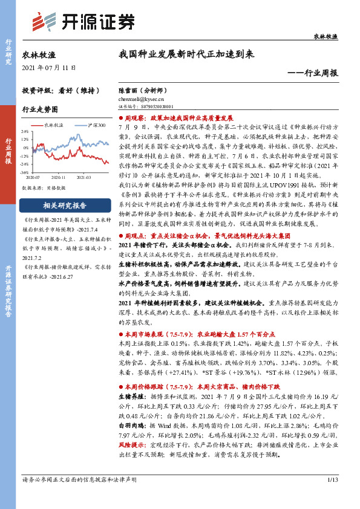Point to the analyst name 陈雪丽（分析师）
pos(142,89)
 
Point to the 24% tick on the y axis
pos(25,131)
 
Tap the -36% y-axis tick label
pos(25,172)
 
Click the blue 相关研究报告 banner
pos(64,204)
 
